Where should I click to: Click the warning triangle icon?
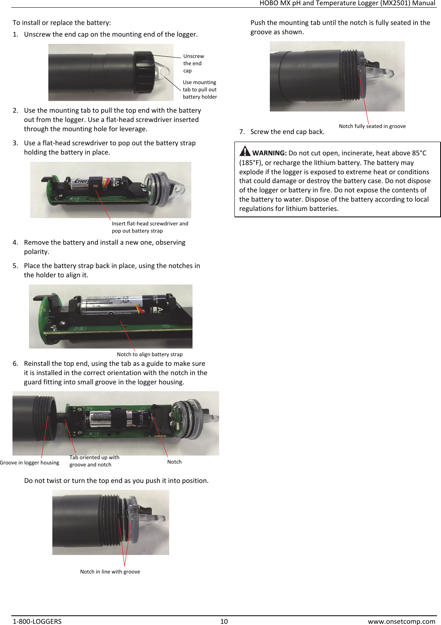[244, 151]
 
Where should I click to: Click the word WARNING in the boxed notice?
[269, 153]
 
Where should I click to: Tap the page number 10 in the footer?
[224, 621]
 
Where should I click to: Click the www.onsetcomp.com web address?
[401, 621]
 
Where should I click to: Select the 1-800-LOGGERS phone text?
[37, 621]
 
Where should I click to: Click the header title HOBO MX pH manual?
[347, 3]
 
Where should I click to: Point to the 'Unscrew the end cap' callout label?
[193, 63]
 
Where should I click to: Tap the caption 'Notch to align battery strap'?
[149, 354]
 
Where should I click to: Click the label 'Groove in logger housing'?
[29, 462]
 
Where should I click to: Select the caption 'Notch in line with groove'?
[110, 571]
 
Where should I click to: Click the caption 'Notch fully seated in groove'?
[372, 126]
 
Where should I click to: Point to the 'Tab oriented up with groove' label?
[94, 461]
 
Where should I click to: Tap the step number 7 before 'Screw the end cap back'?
[241, 132]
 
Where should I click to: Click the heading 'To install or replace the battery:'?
[62, 23]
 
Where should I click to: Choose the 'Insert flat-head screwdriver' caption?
[150, 227]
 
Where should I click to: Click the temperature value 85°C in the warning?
[419, 153]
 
